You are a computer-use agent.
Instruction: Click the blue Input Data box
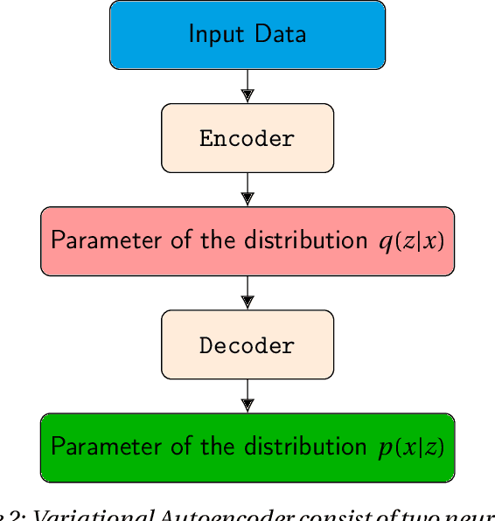pyautogui.click(x=247, y=35)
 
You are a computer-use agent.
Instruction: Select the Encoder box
pyautogui.click(x=247, y=138)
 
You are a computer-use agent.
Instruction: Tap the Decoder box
pyautogui.click(x=247, y=344)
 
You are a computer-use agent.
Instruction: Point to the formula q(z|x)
pyautogui.click(x=411, y=241)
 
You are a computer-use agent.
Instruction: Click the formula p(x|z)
pyautogui.click(x=406, y=448)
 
